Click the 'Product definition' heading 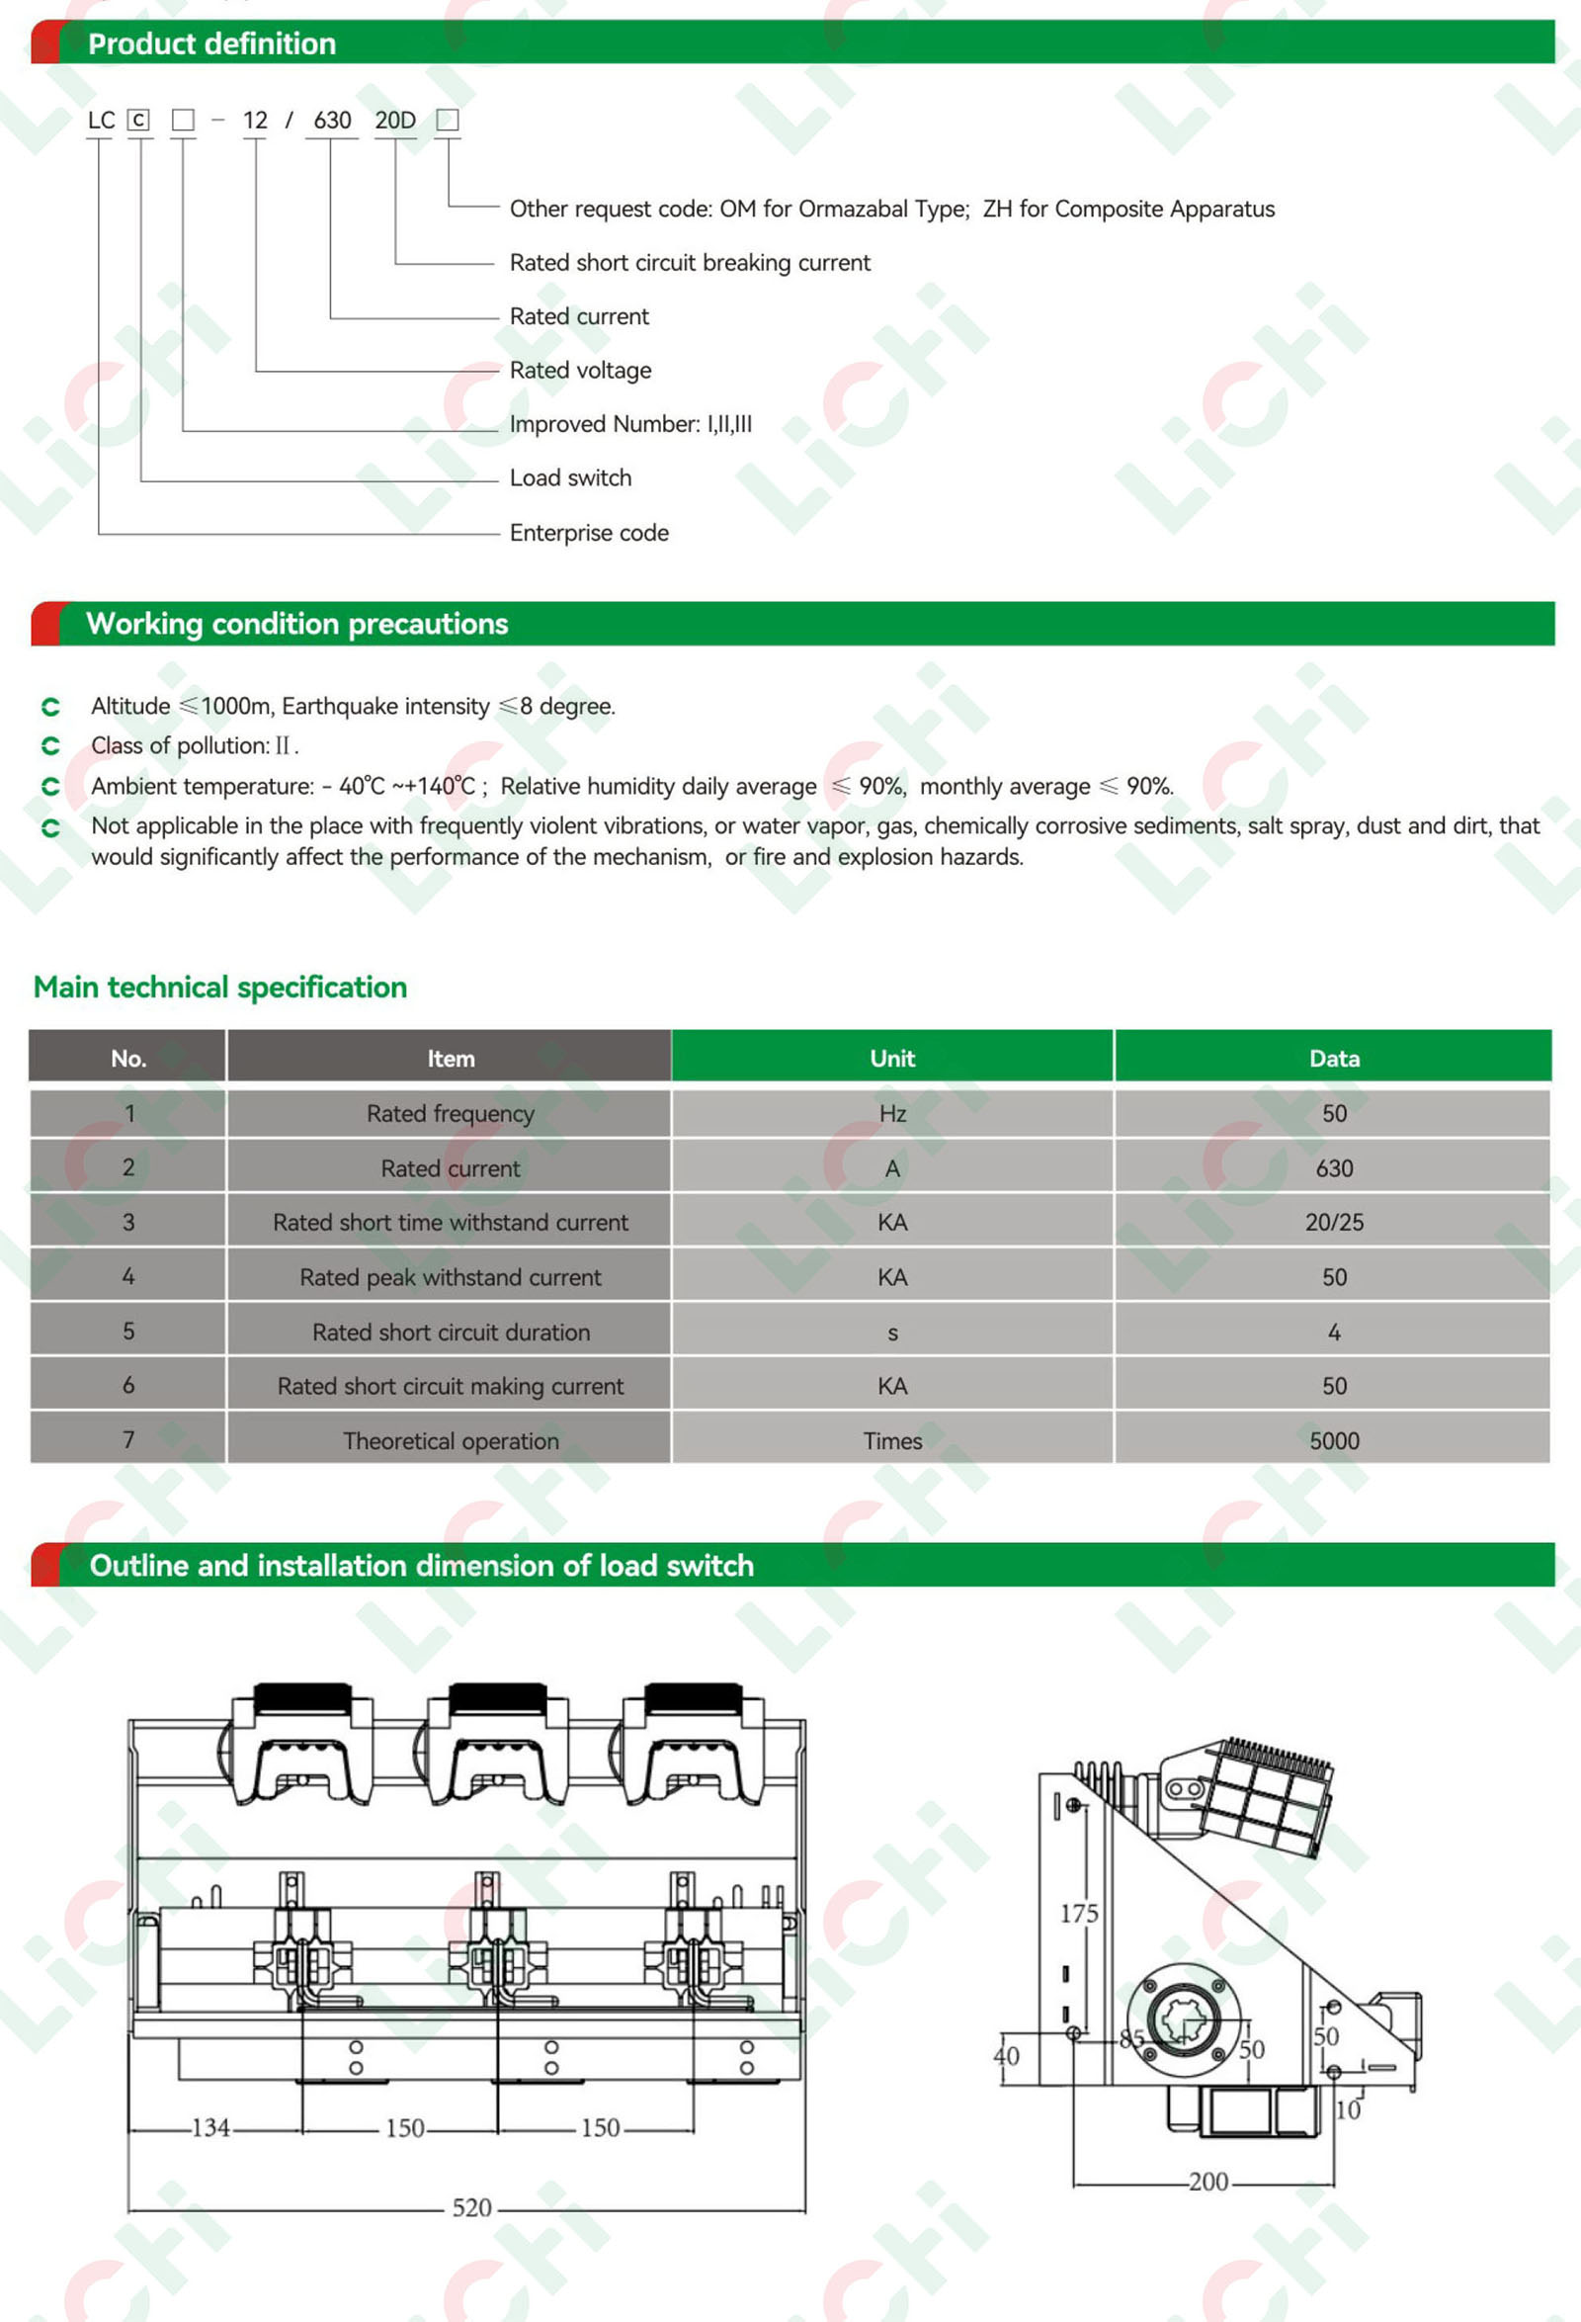(211, 43)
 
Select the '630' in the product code (332, 121)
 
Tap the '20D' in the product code (394, 121)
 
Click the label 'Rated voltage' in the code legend (580, 371)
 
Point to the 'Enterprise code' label (589, 533)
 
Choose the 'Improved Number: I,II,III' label (630, 425)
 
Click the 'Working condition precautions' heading (296, 625)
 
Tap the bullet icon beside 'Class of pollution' (51, 746)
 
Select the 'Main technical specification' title (219, 988)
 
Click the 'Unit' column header (892, 1058)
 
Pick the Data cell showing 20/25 (1333, 1222)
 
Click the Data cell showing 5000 (1333, 1441)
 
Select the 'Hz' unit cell (892, 1114)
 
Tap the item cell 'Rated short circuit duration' (451, 1332)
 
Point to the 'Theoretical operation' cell (451, 1441)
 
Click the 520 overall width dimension (471, 2207)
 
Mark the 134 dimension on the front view (210, 2127)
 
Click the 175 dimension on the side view (1079, 1914)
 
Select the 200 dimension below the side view (1208, 2181)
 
